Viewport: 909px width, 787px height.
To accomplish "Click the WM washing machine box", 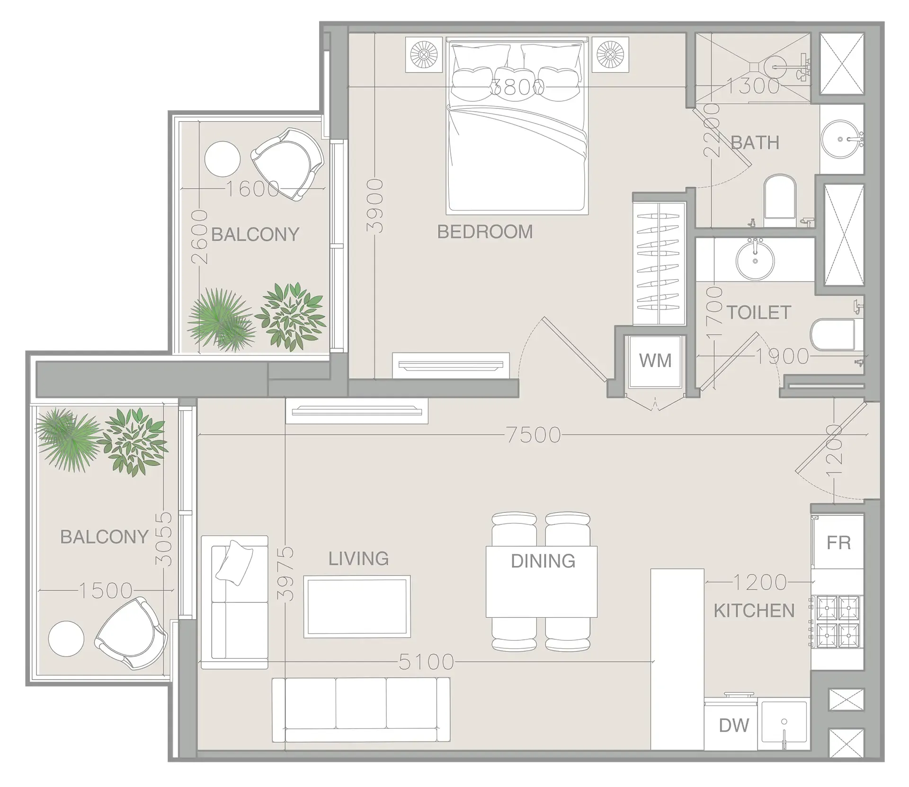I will tap(655, 361).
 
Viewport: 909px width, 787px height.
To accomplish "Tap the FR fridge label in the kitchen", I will tap(838, 542).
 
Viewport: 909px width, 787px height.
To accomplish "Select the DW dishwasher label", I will tap(734, 725).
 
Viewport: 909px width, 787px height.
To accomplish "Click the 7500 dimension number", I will tap(534, 435).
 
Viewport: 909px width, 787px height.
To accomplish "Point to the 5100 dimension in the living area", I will tap(426, 662).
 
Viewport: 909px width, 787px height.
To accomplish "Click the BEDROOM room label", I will tap(485, 232).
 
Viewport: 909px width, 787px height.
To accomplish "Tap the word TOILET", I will tap(758, 313).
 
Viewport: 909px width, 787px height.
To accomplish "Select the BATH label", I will tap(755, 142).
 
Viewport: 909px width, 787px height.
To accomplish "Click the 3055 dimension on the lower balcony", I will tap(164, 539).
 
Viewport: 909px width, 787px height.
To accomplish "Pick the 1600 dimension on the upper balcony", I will tap(252, 189).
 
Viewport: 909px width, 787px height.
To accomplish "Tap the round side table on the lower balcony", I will tap(66, 638).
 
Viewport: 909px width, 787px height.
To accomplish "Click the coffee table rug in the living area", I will tap(356, 607).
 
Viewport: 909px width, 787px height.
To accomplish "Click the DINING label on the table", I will tap(543, 561).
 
